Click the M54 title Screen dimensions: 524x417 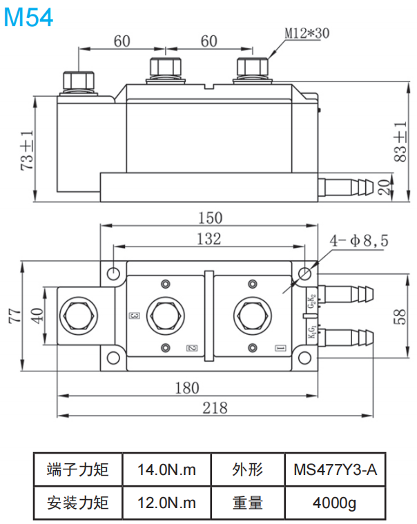28,17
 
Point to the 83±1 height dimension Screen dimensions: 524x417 400,142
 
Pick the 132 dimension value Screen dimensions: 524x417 208,239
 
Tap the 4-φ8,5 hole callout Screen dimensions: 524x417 360,241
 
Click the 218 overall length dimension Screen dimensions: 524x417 215,407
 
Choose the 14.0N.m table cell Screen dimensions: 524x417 166,470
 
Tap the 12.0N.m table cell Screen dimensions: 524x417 166,502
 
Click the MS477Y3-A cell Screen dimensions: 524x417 335,470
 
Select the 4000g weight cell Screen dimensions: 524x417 335,502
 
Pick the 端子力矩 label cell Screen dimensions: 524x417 78,470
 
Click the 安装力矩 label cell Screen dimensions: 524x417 78,502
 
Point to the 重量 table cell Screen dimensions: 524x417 247,502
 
